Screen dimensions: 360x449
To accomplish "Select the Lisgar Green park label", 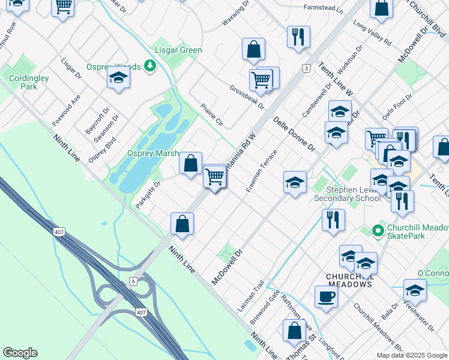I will [x=178, y=50].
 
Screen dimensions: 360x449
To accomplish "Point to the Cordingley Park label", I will [x=23, y=82].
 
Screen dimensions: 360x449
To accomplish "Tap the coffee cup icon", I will [x=326, y=296].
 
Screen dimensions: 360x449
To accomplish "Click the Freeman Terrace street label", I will [x=261, y=171].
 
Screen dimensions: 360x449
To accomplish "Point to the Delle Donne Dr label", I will [x=294, y=134].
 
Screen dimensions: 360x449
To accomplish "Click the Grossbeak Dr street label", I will [x=247, y=96].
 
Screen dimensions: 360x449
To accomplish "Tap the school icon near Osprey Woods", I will [x=118, y=78].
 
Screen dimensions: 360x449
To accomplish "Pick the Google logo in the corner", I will [x=20, y=353].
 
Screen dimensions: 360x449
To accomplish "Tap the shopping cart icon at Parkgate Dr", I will [x=214, y=176].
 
